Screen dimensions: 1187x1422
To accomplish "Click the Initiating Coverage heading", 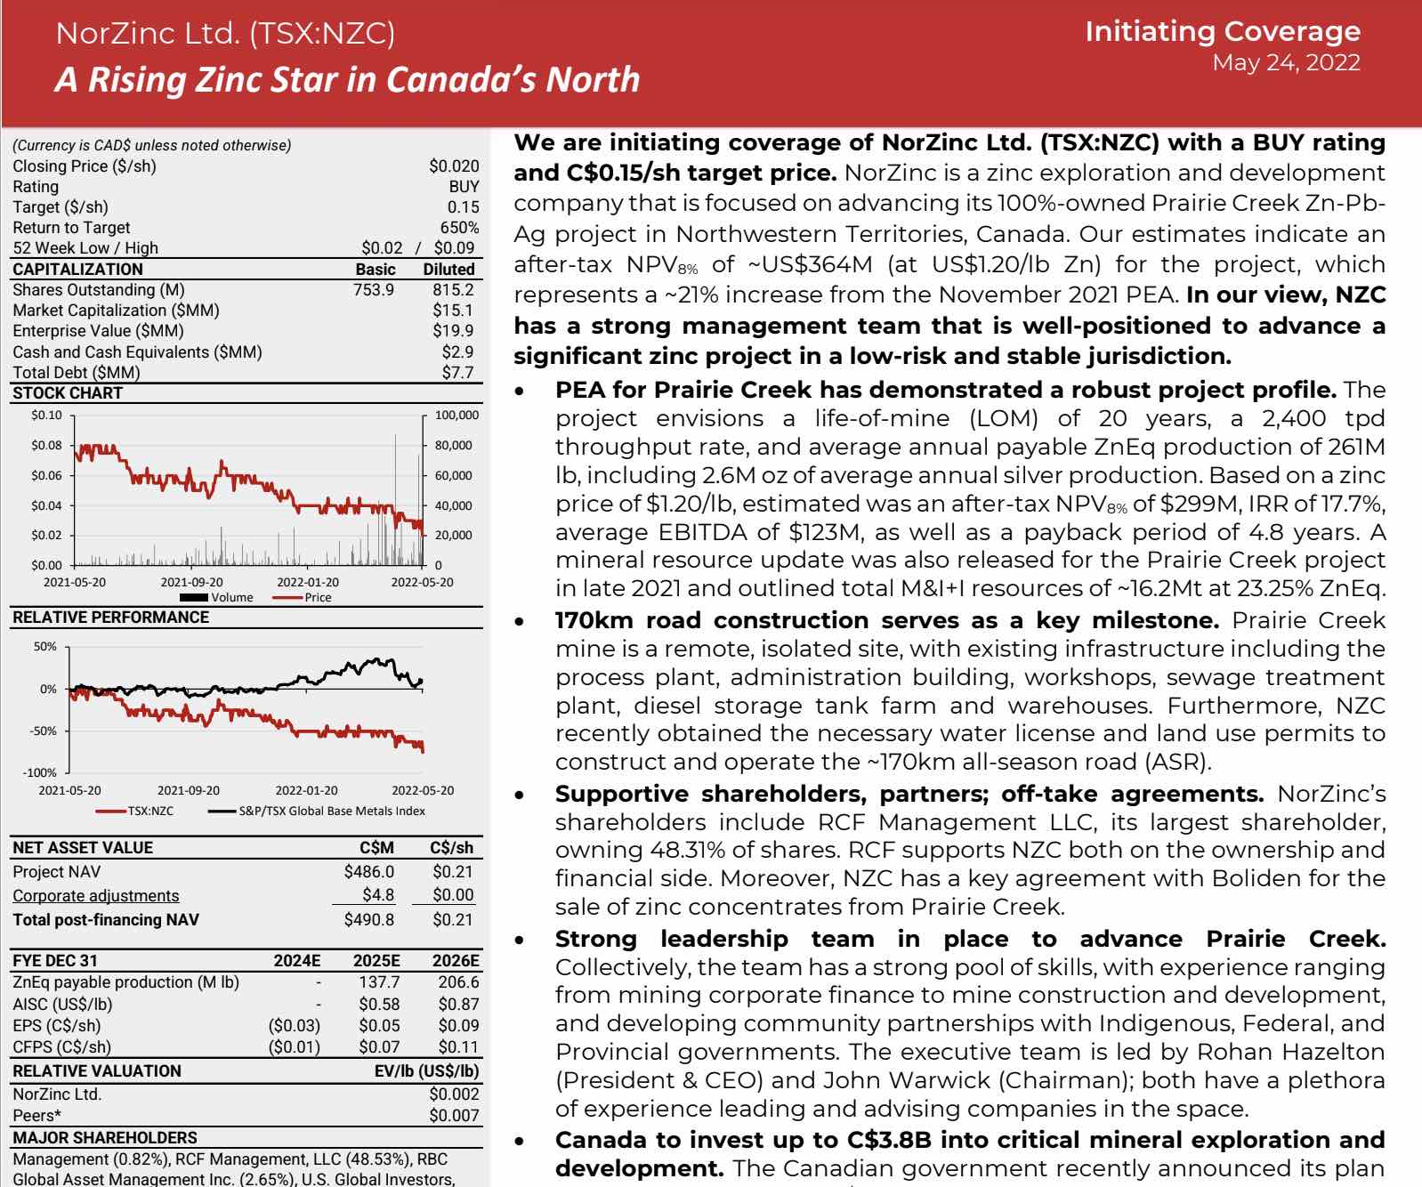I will tap(1222, 31).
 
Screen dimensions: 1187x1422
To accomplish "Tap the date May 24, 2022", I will tap(1286, 62).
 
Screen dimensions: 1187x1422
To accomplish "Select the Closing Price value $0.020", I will tap(454, 166).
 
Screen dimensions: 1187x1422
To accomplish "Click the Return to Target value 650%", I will tap(459, 228).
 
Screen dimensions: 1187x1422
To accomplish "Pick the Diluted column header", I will tap(448, 269).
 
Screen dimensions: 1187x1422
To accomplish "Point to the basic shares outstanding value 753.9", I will tap(374, 289).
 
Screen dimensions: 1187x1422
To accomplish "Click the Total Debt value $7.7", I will tap(457, 372).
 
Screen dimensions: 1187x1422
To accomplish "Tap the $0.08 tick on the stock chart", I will tap(46, 445).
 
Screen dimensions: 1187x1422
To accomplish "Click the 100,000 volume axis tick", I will tap(456, 415).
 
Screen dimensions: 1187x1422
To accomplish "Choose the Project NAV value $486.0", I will tap(368, 872).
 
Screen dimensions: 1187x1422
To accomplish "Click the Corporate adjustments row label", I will tap(95, 895).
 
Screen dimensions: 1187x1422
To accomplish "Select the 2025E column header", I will tap(376, 960).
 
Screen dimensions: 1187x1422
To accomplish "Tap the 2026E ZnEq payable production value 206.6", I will tap(458, 981).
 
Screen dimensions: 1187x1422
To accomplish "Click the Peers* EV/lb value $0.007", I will tap(454, 1115).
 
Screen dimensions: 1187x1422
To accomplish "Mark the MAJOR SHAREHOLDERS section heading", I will tap(105, 1137).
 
